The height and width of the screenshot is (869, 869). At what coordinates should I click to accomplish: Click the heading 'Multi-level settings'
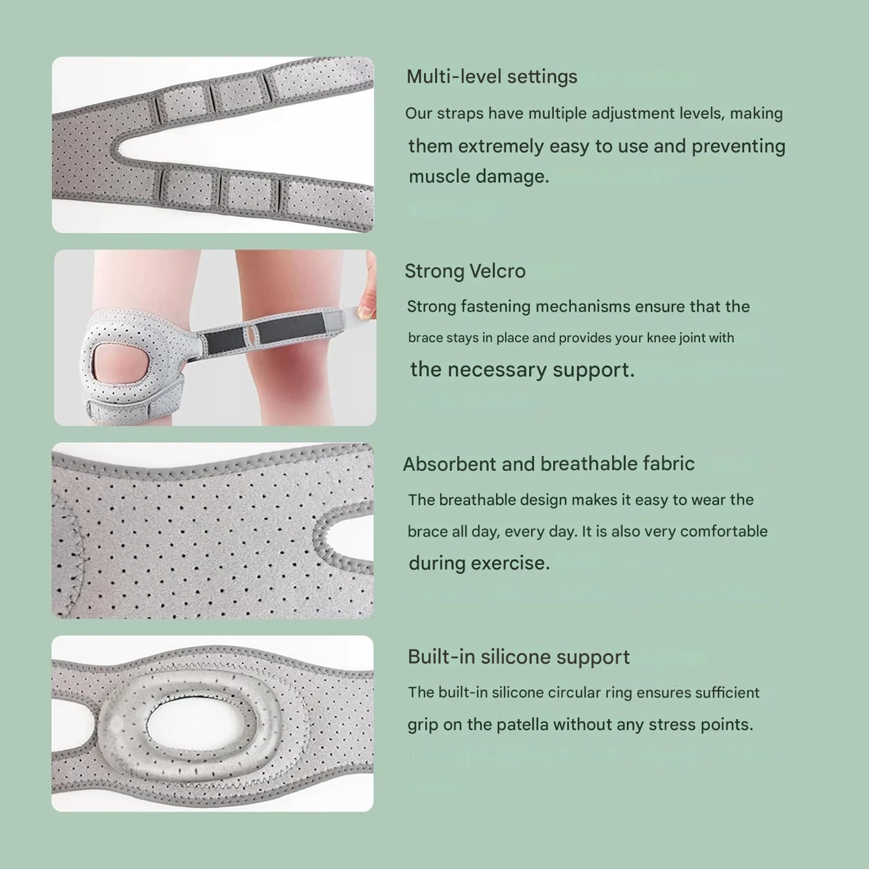pyautogui.click(x=492, y=77)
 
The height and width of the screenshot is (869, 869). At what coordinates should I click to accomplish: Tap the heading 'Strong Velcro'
pyautogui.click(x=465, y=271)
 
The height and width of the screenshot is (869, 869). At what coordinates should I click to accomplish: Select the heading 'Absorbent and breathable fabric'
pyautogui.click(x=549, y=463)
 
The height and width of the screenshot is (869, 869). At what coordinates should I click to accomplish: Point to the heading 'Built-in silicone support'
pyautogui.click(x=519, y=656)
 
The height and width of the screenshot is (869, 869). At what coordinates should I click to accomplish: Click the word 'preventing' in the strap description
pyautogui.click(x=738, y=147)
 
